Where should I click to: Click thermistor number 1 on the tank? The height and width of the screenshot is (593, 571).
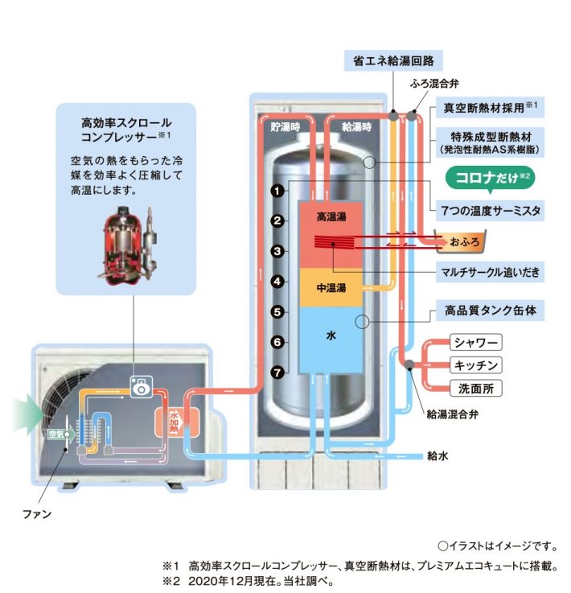click(x=277, y=191)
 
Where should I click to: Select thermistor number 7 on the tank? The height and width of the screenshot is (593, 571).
click(x=277, y=373)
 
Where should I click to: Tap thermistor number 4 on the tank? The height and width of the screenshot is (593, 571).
click(x=277, y=282)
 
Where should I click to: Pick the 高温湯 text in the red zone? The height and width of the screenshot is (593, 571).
click(x=331, y=217)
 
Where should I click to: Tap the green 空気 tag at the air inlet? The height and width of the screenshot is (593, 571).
click(x=55, y=434)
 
